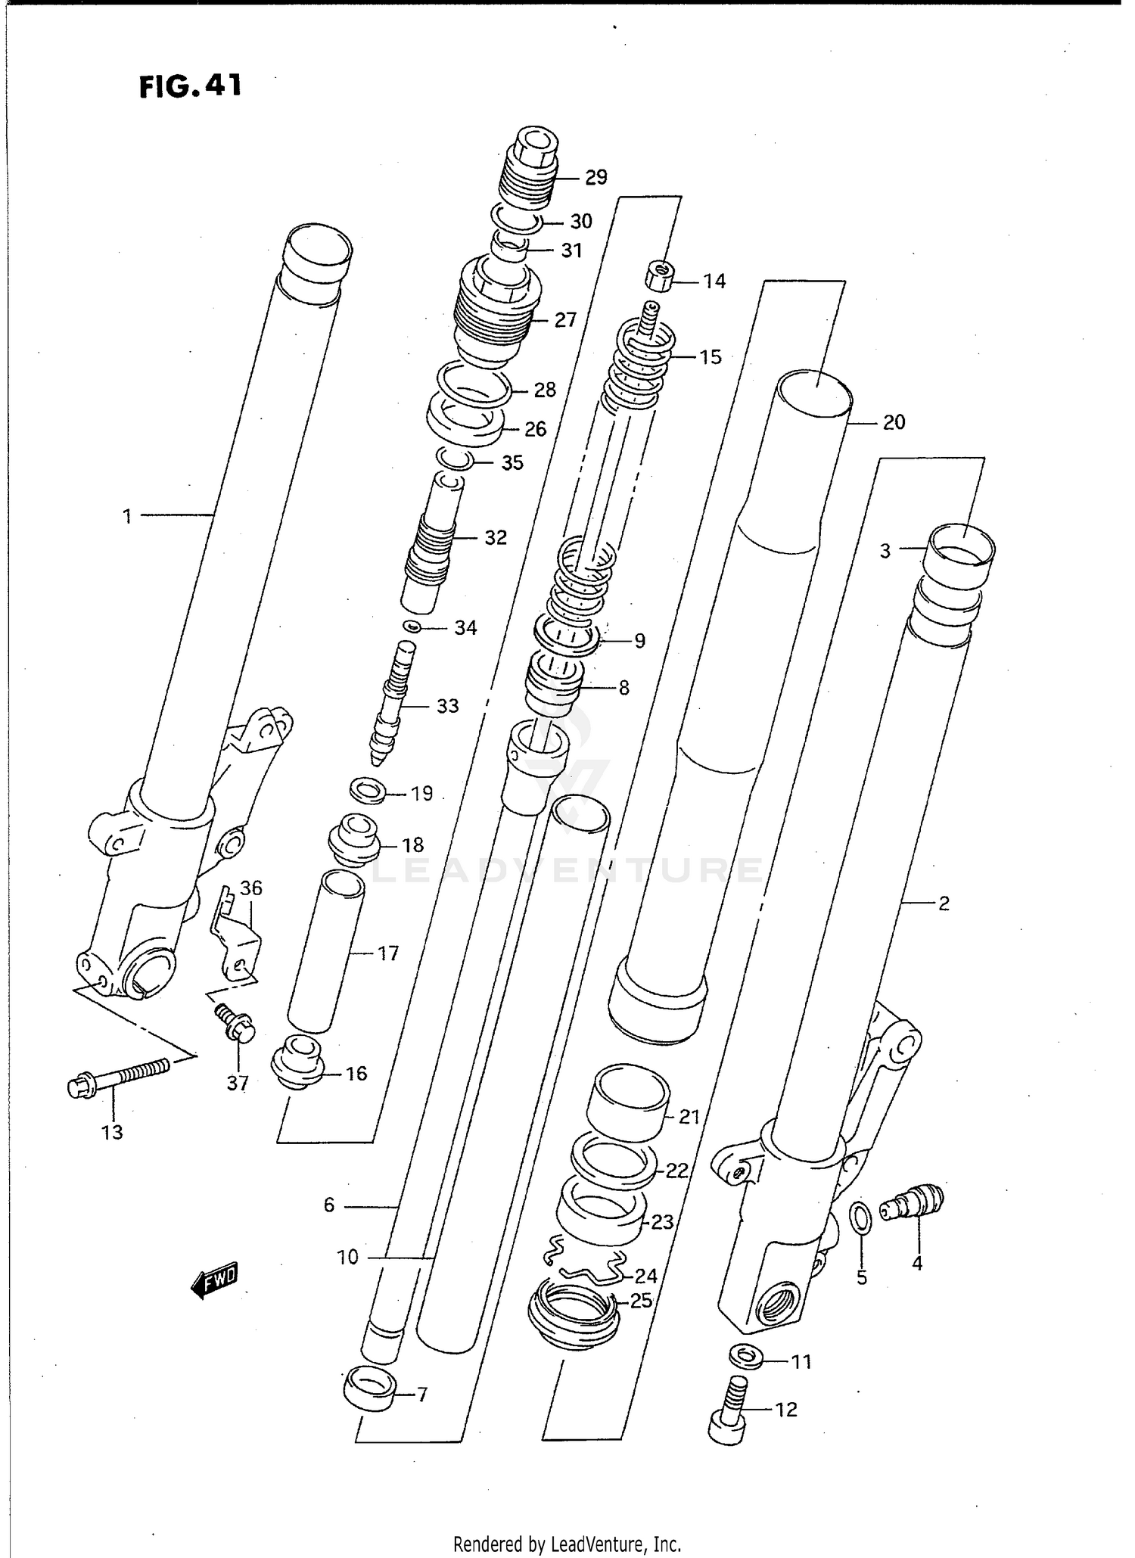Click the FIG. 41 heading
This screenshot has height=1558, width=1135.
(x=191, y=86)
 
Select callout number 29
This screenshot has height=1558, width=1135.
(x=596, y=177)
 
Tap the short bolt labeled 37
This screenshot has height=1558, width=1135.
(x=236, y=1025)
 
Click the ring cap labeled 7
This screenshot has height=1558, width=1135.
(x=368, y=1390)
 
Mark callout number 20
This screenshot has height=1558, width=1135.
(x=894, y=422)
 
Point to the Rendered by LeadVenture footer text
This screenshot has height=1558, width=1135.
(x=567, y=1544)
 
